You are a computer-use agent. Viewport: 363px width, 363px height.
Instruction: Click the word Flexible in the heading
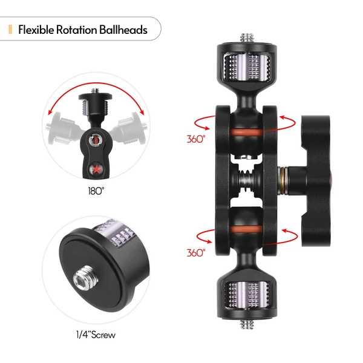[36, 30]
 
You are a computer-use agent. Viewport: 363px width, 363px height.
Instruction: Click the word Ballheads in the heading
[123, 30]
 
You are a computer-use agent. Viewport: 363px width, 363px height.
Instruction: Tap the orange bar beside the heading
[10, 30]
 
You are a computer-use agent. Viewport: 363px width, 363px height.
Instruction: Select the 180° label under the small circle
[96, 191]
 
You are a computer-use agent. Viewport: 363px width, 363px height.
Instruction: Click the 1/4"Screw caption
[96, 335]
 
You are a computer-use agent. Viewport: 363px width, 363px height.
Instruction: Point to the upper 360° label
[196, 139]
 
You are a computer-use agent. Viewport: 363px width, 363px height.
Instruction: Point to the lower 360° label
[196, 253]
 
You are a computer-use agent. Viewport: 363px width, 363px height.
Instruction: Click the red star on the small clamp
[96, 169]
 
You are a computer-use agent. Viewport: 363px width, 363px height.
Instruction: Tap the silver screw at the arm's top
[247, 38]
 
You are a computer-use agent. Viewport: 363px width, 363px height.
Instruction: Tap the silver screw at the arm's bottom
[247, 324]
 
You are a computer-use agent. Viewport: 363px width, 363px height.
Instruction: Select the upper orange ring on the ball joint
[247, 132]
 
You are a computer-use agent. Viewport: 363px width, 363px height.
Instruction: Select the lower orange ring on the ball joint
[247, 229]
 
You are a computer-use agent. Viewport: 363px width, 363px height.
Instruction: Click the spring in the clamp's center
[246, 180]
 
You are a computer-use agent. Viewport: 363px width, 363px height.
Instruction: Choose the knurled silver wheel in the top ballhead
[247, 68]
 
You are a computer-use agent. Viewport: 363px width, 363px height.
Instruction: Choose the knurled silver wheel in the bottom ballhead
[247, 295]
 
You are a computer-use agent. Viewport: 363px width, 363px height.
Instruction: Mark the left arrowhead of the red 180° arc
[50, 112]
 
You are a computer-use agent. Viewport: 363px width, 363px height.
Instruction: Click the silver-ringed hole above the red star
[96, 140]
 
